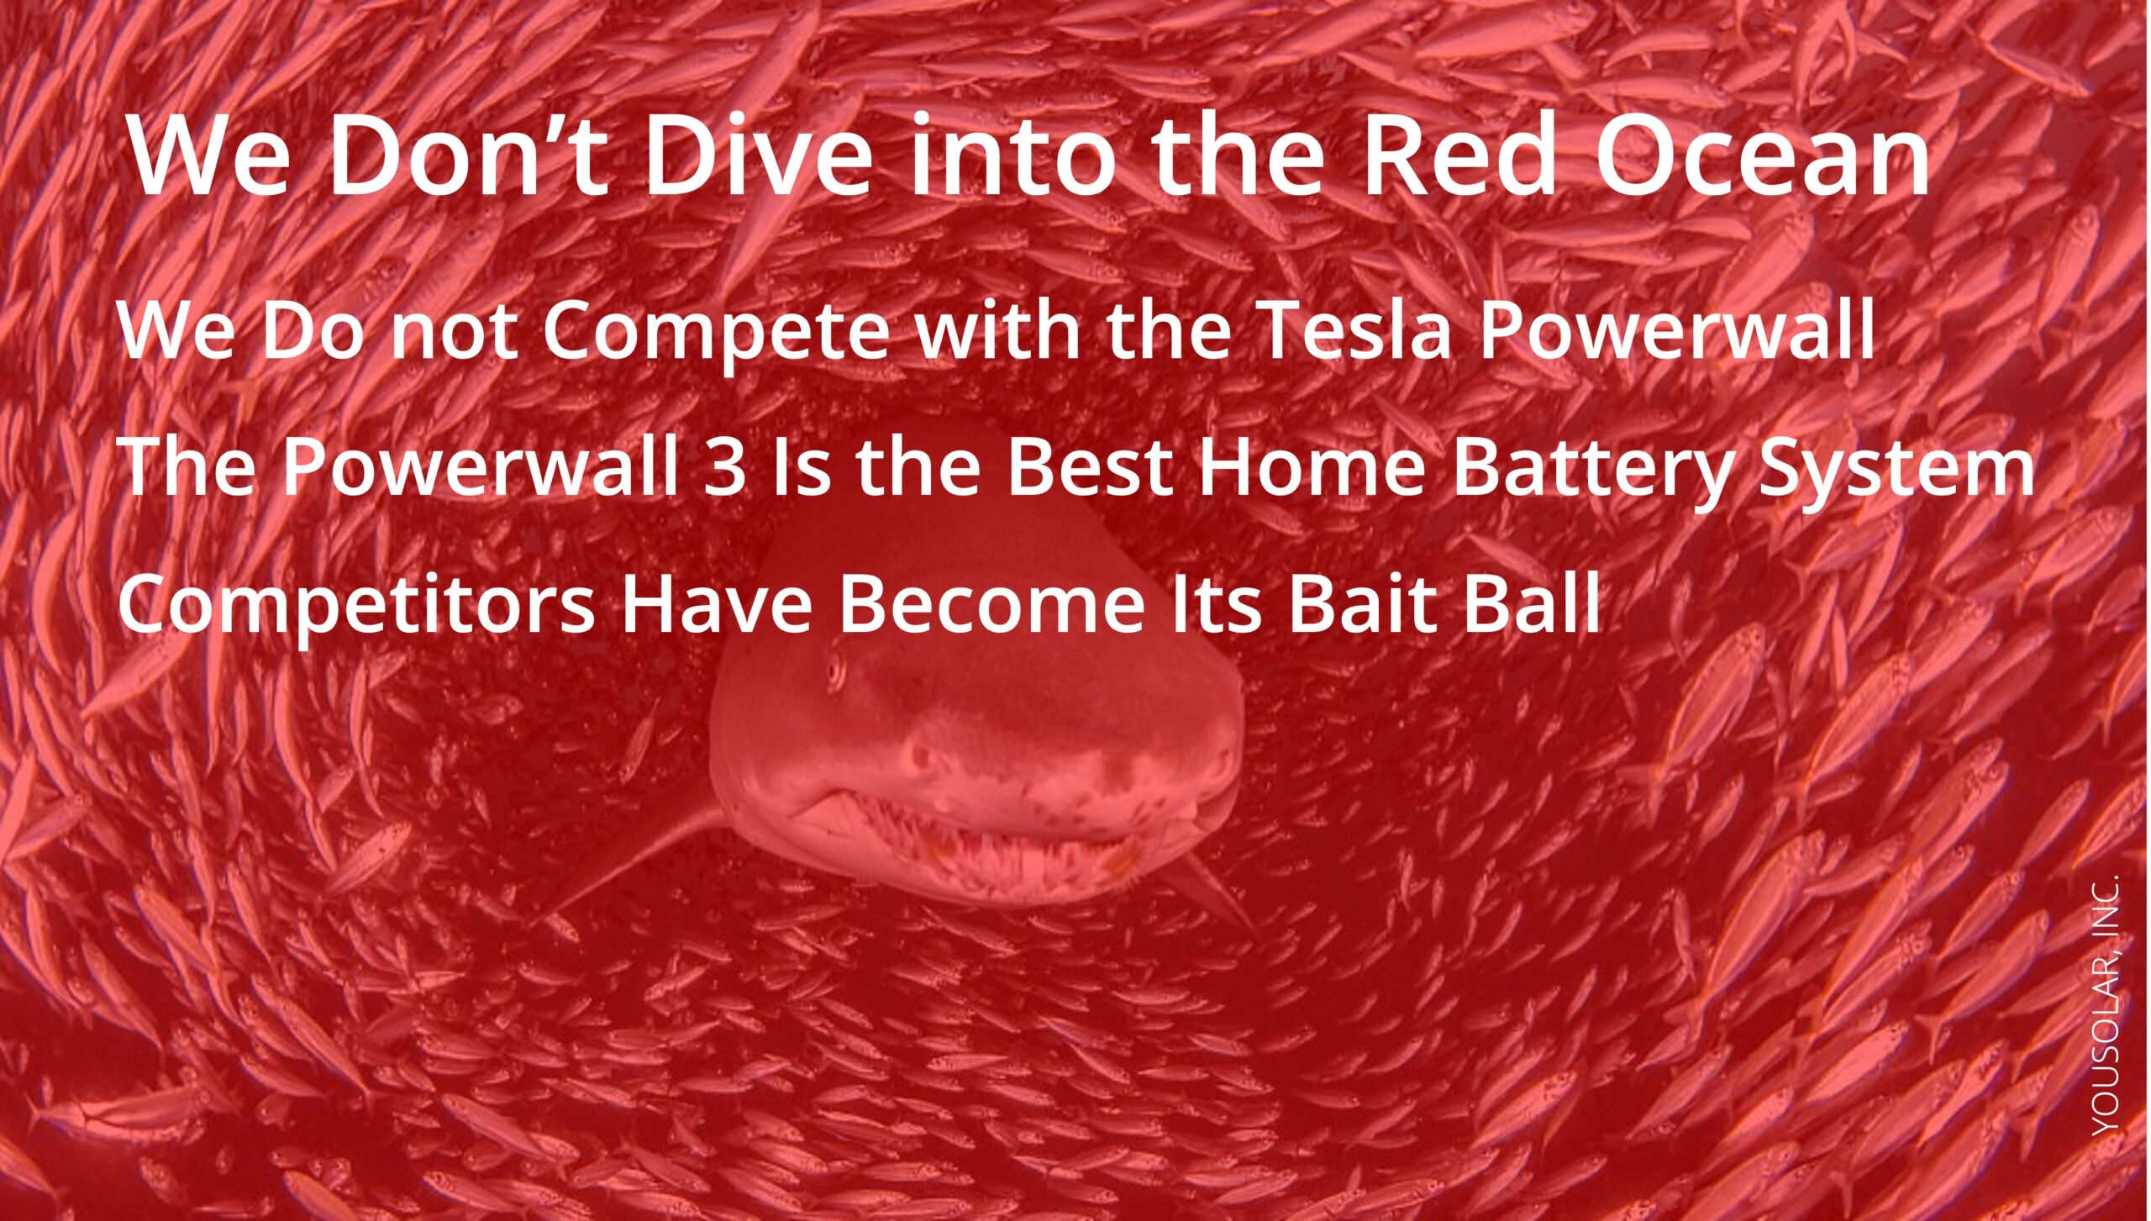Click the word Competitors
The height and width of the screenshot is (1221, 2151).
(x=356, y=607)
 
